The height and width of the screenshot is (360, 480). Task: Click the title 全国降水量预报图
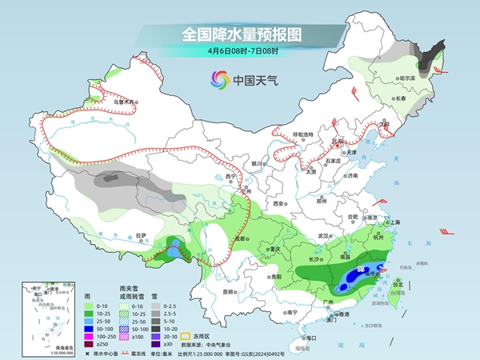pyautogui.click(x=240, y=34)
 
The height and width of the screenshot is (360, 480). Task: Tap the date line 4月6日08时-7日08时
pyautogui.click(x=240, y=51)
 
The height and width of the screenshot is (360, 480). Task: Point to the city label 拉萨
pyautogui.click(x=142, y=235)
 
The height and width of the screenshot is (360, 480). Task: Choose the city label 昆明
pyautogui.click(x=230, y=291)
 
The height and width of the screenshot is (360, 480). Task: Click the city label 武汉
pyautogui.click(x=323, y=236)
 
